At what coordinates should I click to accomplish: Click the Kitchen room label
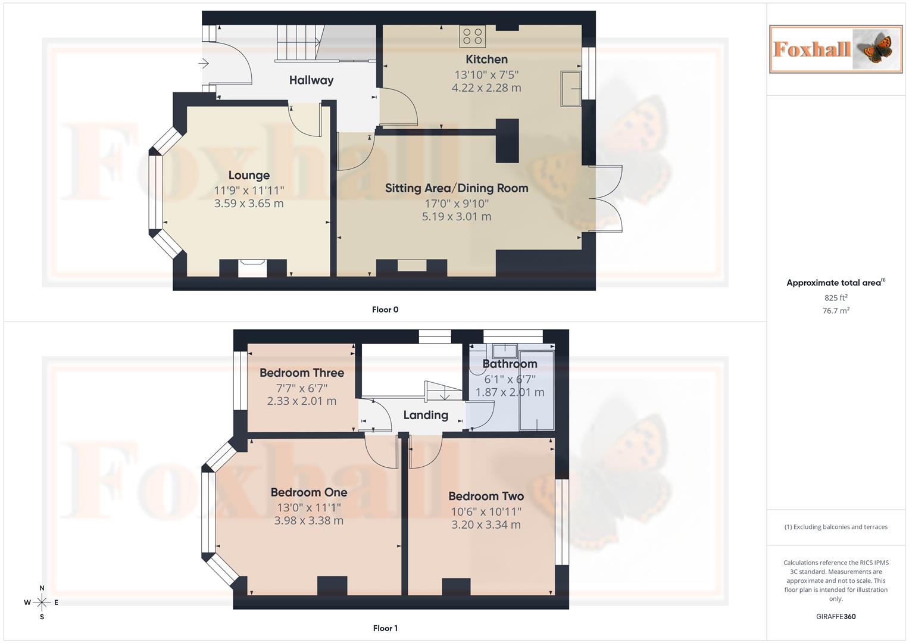[486, 60]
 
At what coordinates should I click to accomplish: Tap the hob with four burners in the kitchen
[472, 36]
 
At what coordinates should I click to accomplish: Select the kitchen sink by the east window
[571, 89]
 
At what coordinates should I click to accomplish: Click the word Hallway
[311, 80]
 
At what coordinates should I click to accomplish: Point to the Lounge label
[249, 176]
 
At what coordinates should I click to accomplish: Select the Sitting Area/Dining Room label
[457, 189]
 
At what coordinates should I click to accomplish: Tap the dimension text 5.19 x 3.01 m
[457, 217]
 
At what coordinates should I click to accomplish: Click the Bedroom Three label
[302, 373]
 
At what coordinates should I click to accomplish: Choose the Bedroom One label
[308, 492]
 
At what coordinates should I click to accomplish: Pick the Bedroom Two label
[486, 497]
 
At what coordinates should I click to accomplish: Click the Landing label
[426, 416]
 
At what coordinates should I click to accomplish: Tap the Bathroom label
[510, 364]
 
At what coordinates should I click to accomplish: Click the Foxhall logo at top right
[836, 49]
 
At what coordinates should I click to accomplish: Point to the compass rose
[42, 603]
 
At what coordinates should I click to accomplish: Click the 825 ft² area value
[836, 298]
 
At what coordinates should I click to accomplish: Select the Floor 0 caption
[385, 310]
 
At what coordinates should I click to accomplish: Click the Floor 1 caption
[385, 628]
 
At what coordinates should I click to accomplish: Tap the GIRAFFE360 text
[836, 617]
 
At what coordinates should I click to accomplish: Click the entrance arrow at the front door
[204, 63]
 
